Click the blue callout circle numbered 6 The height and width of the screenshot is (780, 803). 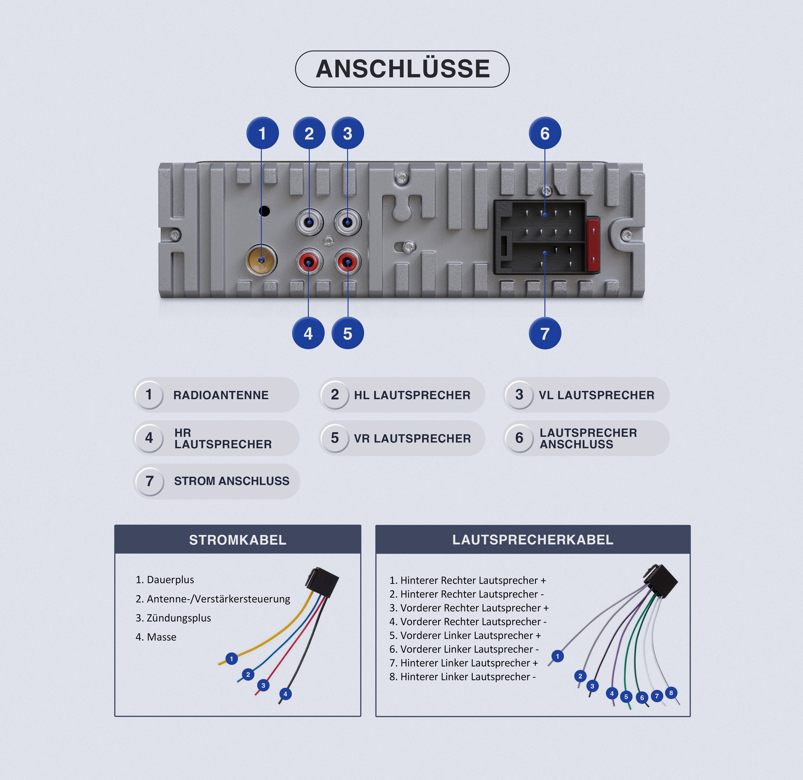pos(545,133)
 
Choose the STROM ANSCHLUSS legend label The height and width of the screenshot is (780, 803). pos(231,481)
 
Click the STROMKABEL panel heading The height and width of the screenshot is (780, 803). pos(238,540)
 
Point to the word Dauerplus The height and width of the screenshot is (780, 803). pos(170,580)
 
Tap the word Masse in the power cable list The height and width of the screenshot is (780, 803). pos(162,637)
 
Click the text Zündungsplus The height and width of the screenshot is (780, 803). pos(179,618)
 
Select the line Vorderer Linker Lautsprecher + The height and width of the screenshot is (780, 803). pos(465,635)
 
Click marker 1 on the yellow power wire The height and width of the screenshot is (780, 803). pos(231,659)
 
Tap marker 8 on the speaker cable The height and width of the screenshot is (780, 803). pos(671,693)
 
